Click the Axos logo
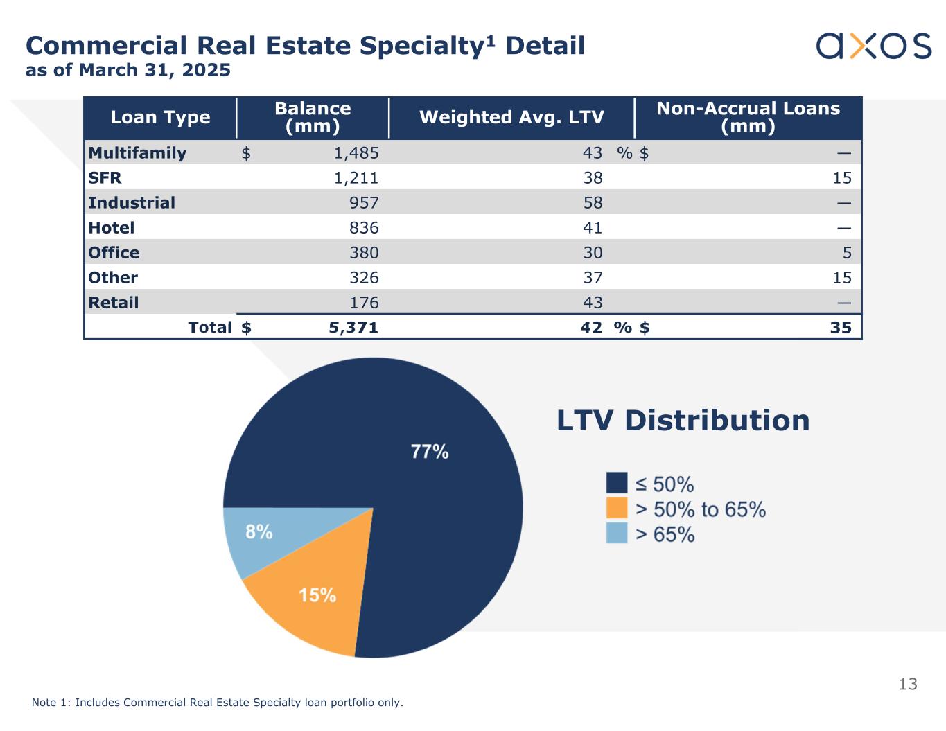click(x=873, y=46)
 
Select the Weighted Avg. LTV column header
click(x=511, y=117)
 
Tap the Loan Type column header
click(x=160, y=117)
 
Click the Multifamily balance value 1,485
click(x=356, y=153)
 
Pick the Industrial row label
click(x=132, y=203)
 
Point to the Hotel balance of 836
click(x=364, y=228)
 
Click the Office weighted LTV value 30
click(x=593, y=253)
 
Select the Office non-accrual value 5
click(x=846, y=253)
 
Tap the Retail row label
click(x=114, y=303)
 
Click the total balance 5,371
click(x=353, y=328)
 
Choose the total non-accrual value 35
click(x=841, y=328)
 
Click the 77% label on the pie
click(x=430, y=452)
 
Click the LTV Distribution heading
click(x=683, y=421)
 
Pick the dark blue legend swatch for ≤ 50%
click(x=617, y=483)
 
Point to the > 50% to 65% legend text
click(x=700, y=509)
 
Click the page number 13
click(x=907, y=685)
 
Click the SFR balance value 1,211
click(x=356, y=178)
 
